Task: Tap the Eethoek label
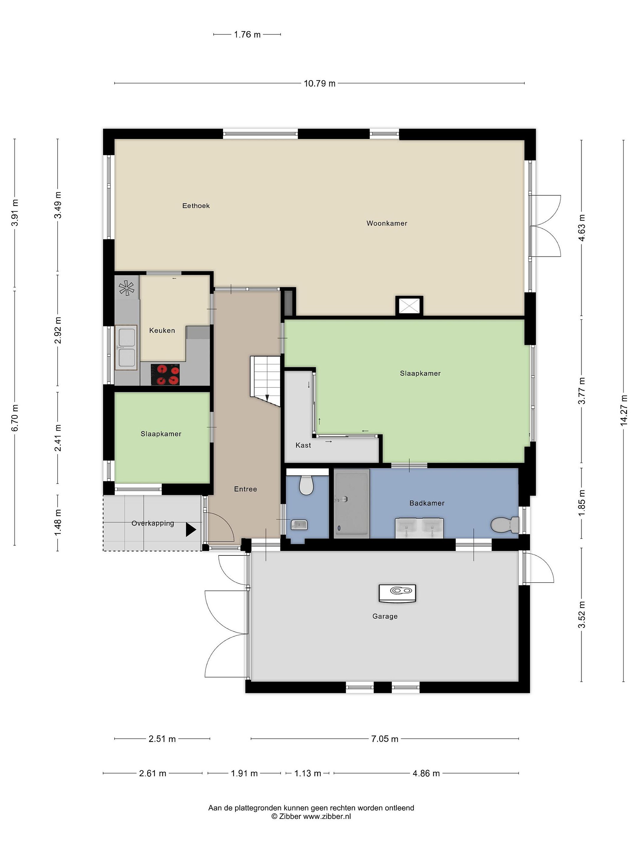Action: pos(196,206)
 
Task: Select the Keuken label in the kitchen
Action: pos(162,331)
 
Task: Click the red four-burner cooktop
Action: pos(165,374)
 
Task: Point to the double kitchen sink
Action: pos(126,347)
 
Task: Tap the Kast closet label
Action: pos(303,445)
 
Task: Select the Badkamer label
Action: pos(427,503)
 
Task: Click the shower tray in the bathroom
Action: pos(351,504)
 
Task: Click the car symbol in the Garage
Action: pos(397,593)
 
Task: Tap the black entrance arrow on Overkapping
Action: pos(191,529)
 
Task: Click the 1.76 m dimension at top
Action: pos(247,35)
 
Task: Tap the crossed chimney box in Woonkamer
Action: pos(409,306)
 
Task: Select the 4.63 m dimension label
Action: pos(582,228)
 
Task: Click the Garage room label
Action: pos(385,616)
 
